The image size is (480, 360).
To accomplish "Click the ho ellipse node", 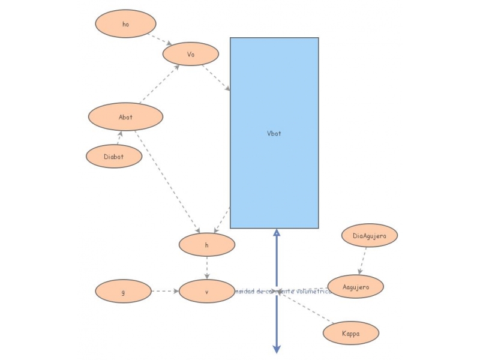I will click(125, 24).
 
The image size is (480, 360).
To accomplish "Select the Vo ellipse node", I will click(191, 54).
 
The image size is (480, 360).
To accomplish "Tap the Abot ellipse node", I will click(125, 117).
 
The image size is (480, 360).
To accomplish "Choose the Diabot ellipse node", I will click(114, 157).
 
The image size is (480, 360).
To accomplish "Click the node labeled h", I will click(206, 245).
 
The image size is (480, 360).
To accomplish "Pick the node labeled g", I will click(123, 292).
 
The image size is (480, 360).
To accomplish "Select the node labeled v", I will click(206, 292).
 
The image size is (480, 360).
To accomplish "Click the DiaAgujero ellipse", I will click(370, 236).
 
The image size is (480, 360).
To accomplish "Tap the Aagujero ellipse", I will click(355, 287).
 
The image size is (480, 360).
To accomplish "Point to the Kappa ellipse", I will click(350, 333).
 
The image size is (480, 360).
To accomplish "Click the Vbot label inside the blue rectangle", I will click(274, 133).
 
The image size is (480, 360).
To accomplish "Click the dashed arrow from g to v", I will click(165, 292).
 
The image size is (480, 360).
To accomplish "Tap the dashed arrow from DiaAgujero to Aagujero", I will click(362, 261).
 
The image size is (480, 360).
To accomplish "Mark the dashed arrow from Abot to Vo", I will click(159, 85).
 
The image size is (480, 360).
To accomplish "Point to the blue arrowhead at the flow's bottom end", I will click(277, 349).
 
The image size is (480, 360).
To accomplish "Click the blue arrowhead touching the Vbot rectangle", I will click(277, 233).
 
